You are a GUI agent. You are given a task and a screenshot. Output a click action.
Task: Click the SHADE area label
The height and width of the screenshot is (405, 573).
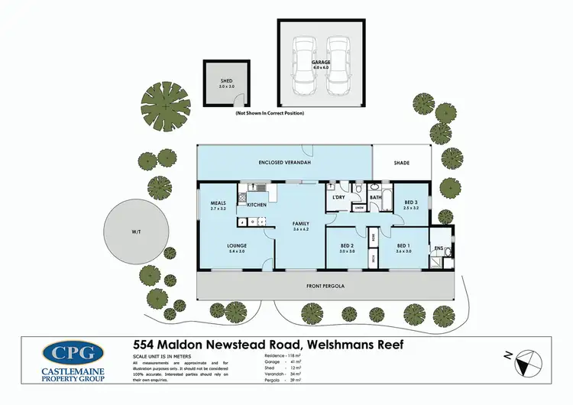coord(401,163)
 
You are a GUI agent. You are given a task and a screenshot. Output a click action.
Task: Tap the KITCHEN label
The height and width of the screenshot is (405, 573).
coord(256,206)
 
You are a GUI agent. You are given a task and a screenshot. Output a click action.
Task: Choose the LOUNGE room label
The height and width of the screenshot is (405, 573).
coord(236,246)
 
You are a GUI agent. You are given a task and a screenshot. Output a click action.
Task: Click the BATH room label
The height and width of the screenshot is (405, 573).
coord(375,197)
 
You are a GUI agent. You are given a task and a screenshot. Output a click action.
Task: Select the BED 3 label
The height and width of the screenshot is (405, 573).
coord(412,202)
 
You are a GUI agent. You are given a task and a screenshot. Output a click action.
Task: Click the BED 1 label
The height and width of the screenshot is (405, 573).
coord(403,246)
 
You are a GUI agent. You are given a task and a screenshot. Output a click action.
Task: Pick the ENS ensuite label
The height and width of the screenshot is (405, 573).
coord(439,248)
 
